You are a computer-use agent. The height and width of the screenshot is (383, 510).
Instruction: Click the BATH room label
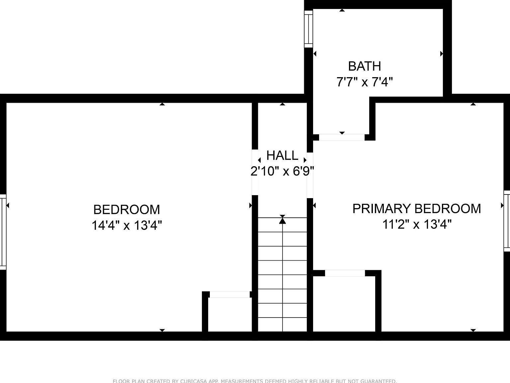click(364, 66)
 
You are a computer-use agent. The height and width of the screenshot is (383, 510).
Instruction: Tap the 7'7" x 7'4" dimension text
click(365, 82)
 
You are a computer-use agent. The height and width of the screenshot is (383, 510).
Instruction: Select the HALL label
click(282, 155)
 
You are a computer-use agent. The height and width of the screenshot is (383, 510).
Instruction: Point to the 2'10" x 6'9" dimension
click(282, 171)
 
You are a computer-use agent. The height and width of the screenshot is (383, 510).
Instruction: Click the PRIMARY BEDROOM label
click(416, 209)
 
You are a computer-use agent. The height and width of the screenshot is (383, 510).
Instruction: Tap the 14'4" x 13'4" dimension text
click(127, 225)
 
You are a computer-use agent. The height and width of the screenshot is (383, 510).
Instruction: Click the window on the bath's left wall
click(309, 29)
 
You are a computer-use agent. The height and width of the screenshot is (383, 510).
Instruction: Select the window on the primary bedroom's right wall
click(507, 221)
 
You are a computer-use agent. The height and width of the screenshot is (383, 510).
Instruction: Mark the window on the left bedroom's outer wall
click(3, 232)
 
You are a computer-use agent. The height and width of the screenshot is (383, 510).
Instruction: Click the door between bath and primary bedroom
click(342, 137)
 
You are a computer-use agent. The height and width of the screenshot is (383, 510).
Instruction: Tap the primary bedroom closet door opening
click(345, 273)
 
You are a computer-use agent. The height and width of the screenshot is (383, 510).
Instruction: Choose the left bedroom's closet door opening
click(230, 295)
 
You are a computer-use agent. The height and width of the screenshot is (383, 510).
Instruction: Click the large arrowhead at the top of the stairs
click(282, 220)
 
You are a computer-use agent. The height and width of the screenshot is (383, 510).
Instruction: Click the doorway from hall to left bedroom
click(255, 172)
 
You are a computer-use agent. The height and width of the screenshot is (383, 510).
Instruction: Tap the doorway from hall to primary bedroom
click(310, 175)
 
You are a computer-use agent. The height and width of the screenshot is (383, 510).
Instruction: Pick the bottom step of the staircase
click(282, 324)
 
